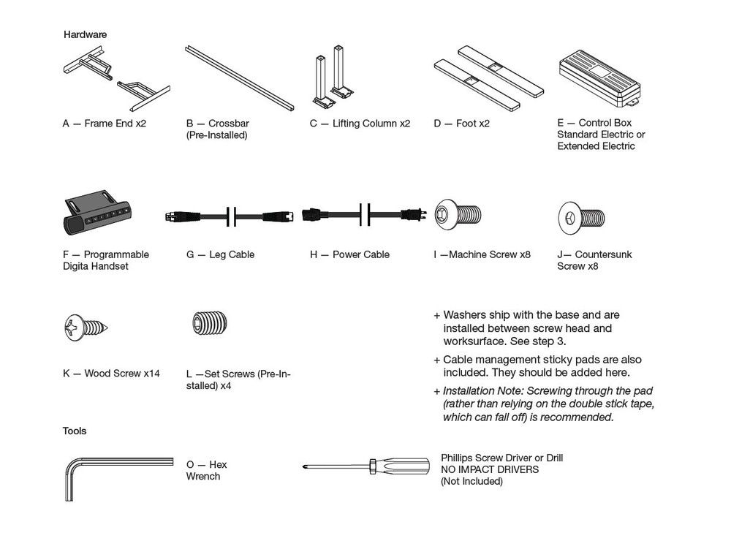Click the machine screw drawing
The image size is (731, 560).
pyautogui.click(x=458, y=215)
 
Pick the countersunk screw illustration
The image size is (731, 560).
pyautogui.click(x=582, y=217)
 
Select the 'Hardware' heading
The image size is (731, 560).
pyautogui.click(x=85, y=34)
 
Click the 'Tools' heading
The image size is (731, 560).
pyautogui.click(x=75, y=431)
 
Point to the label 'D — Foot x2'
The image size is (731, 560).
pyautogui.click(x=461, y=124)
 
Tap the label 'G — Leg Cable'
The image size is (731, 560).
pyautogui.click(x=221, y=254)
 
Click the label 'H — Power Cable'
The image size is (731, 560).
pyautogui.click(x=349, y=254)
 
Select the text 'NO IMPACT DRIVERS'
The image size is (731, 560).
pyautogui.click(x=489, y=469)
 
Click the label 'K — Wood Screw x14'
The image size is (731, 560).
pyautogui.click(x=111, y=374)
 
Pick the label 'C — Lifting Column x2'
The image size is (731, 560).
pyautogui.click(x=360, y=124)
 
